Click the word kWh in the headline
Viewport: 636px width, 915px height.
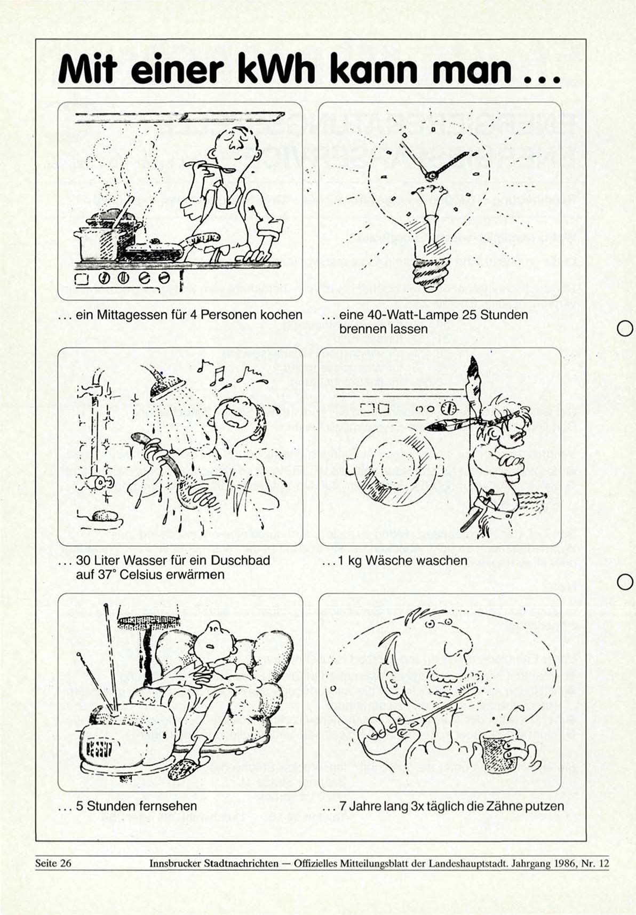coord(280,69)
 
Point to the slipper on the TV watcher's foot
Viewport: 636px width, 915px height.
coord(185,766)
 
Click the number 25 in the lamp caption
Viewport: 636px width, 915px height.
coord(469,315)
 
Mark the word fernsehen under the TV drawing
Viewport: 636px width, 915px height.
coord(168,806)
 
